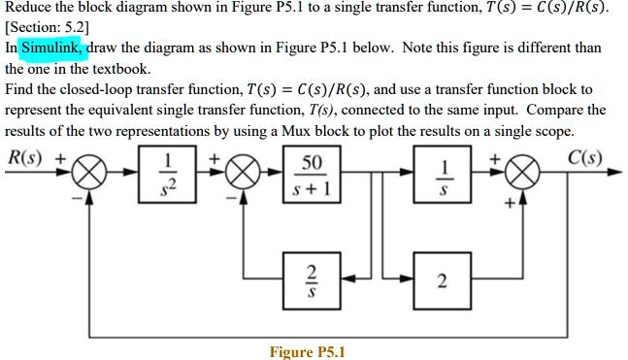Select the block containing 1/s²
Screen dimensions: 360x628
171,173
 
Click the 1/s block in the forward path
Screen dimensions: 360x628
443,173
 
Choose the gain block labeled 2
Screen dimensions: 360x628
443,280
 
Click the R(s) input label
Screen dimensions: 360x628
26,156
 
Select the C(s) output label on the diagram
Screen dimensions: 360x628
585,156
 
